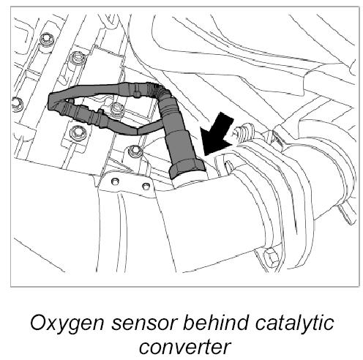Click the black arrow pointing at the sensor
(217, 135)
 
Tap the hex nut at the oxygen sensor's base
(187, 169)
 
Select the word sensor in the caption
(144, 323)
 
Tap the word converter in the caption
(184, 347)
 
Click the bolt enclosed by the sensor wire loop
(116, 109)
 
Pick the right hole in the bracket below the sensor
(146, 186)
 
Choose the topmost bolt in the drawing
(47, 39)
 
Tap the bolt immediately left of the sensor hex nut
(135, 151)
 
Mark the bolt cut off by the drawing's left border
(17, 105)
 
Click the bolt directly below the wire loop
(78, 132)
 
